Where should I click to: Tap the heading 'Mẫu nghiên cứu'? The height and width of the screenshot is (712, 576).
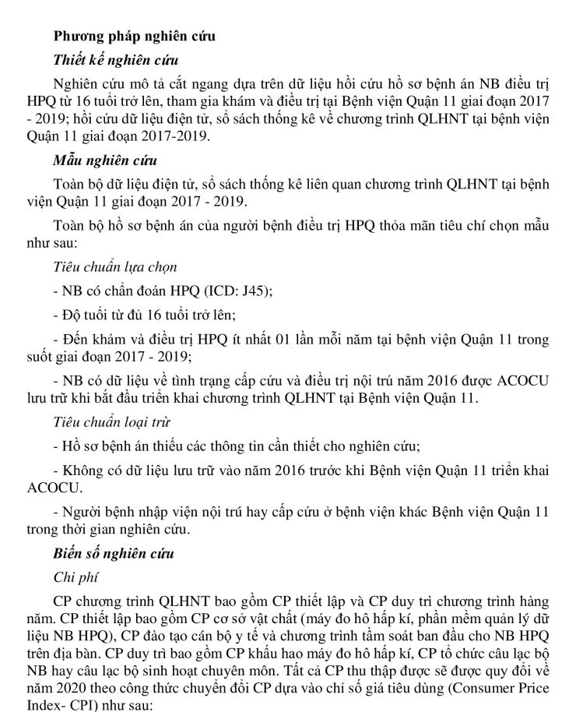104,162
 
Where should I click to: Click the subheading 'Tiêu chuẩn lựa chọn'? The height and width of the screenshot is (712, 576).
114,267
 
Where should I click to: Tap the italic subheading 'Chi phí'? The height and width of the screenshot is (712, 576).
75,578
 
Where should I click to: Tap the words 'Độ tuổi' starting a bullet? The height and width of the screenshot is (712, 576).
79,315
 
